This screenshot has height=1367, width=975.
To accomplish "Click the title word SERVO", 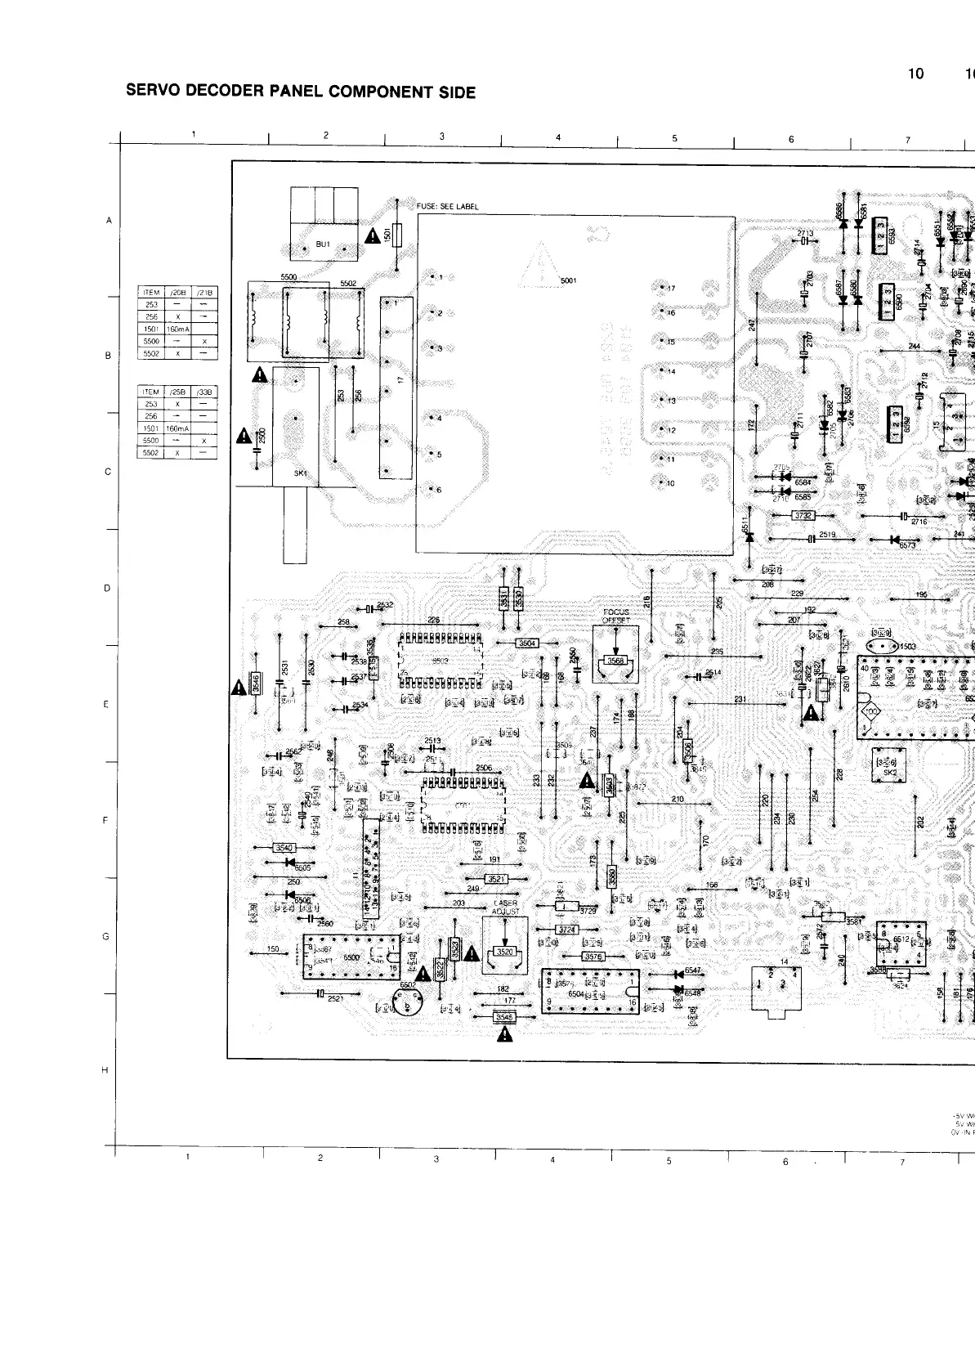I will click(153, 91).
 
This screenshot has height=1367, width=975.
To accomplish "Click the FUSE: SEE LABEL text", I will click(447, 207).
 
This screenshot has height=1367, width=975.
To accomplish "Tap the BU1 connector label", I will click(323, 244).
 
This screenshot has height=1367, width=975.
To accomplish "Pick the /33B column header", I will click(203, 392).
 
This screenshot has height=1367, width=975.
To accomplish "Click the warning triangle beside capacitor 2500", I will click(244, 437).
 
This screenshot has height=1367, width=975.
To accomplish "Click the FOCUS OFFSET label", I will click(615, 616).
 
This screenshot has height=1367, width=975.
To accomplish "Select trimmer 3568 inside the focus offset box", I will click(615, 661).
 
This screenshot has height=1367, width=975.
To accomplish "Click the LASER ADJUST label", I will click(505, 907).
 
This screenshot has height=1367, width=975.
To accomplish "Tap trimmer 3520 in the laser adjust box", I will click(505, 952).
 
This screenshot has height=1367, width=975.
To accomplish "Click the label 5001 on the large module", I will click(568, 281).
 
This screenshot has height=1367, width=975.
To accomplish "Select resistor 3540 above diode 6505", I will click(283, 848).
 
